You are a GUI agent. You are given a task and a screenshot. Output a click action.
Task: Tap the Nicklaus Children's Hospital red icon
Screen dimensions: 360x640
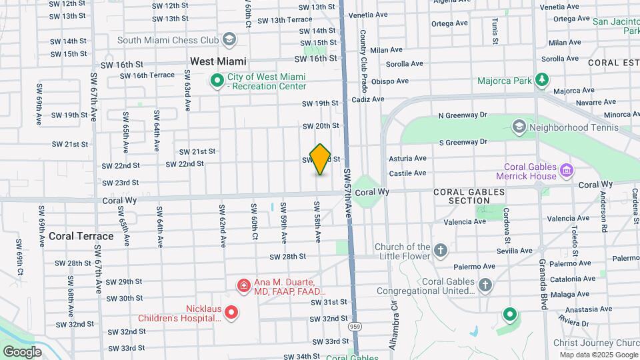pyautogui.click(x=231, y=312)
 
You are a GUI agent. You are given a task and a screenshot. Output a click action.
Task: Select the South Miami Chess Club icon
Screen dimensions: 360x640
pyautogui.click(x=230, y=39)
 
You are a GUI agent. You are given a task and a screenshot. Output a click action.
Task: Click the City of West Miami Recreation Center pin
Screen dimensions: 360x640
pyautogui.click(x=217, y=81)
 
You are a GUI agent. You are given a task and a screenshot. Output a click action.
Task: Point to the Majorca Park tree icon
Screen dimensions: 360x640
pyautogui.click(x=543, y=81)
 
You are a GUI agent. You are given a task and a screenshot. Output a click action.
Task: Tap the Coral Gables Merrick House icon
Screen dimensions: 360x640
pyautogui.click(x=567, y=171)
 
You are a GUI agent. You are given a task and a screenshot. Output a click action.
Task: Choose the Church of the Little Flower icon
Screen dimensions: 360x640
pyautogui.click(x=439, y=251)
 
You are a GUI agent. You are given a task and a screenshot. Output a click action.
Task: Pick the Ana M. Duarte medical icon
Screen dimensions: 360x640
pyautogui.click(x=245, y=287)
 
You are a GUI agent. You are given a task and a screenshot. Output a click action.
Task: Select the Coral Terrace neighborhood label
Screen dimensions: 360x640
pyautogui.click(x=81, y=236)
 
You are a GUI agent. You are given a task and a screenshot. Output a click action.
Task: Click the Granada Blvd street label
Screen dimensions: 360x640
pyautogui.click(x=544, y=283)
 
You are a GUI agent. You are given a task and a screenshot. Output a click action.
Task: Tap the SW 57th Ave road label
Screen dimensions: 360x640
pyautogui.click(x=348, y=193)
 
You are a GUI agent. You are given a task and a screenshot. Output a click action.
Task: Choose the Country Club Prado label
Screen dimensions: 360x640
pyautogui.click(x=364, y=54)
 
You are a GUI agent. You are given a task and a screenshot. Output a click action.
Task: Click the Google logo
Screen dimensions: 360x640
pyautogui.click(x=22, y=351)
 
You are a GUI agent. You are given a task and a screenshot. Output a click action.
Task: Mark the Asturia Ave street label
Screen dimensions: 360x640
pyautogui.click(x=407, y=158)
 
